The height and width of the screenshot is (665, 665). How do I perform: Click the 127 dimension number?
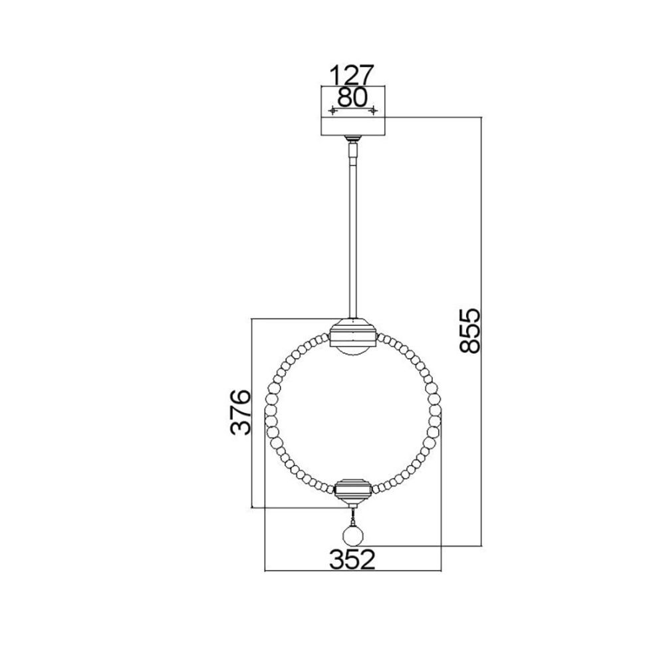click(x=352, y=75)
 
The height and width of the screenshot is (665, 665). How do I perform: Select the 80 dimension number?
click(x=352, y=98)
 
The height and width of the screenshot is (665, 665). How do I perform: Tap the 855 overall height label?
click(x=469, y=331)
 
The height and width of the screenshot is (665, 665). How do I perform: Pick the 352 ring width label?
click(x=352, y=560)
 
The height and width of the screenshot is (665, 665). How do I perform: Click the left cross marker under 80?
click(x=333, y=110)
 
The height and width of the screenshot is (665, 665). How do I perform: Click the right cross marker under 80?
click(x=373, y=110)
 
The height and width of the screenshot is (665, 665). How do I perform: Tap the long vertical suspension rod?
click(x=352, y=237)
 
